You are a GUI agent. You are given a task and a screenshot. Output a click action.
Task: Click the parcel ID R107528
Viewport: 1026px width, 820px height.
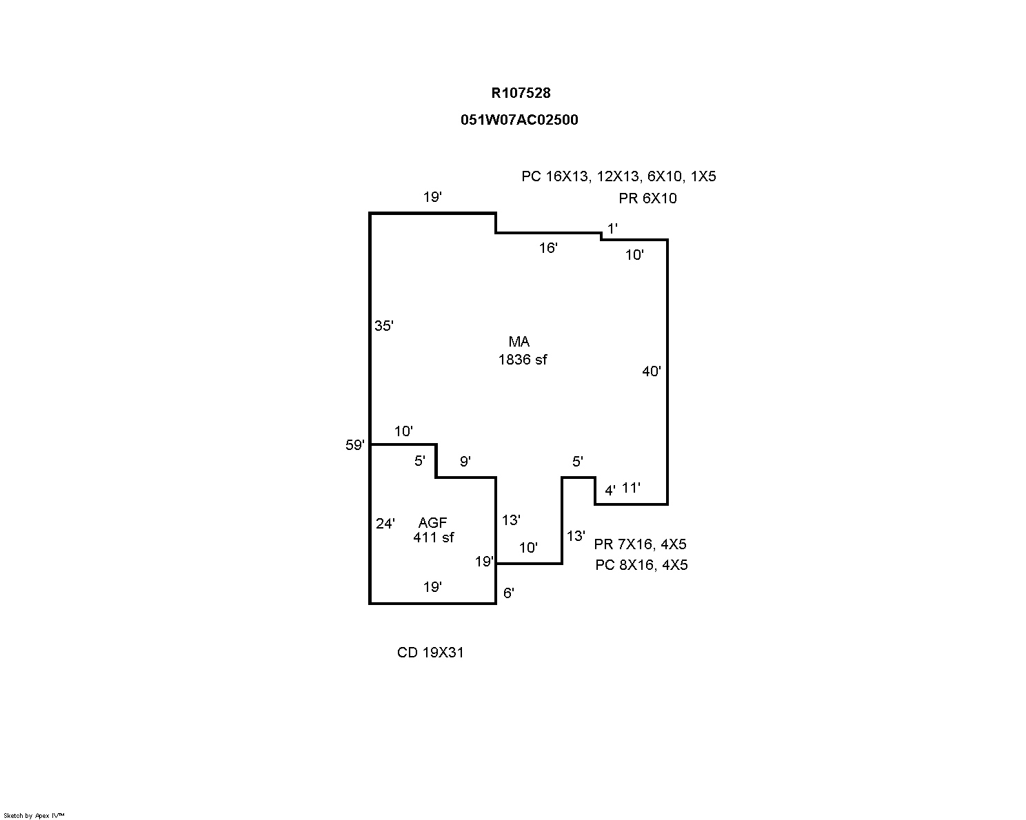tap(521, 93)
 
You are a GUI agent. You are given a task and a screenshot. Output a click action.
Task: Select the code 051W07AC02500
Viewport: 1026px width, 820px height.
tap(519, 120)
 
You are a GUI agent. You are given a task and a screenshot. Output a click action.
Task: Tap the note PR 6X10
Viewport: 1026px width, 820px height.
tap(647, 198)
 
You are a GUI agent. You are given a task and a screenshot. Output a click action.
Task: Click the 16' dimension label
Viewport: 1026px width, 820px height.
tap(548, 248)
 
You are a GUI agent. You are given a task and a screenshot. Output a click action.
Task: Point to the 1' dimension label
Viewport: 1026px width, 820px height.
tap(612, 227)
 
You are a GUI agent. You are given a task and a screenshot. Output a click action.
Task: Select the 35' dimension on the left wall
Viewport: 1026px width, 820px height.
tap(384, 325)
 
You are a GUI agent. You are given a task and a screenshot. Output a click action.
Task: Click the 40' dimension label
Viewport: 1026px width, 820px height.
tap(652, 371)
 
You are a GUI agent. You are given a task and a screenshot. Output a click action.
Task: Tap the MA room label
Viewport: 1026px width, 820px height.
tap(519, 342)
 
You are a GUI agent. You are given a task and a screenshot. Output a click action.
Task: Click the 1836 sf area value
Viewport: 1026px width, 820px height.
tap(523, 359)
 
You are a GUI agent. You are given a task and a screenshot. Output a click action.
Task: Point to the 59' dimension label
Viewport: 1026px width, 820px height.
tap(355, 445)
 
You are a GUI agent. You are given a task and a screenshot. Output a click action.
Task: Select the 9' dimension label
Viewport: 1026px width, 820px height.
tap(465, 462)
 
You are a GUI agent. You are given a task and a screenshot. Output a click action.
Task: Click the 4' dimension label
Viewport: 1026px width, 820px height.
tap(610, 491)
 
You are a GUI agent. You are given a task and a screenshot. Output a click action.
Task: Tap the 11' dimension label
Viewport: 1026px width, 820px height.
tap(631, 488)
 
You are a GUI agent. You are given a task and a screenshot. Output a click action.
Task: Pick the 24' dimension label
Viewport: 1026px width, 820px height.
tap(385, 524)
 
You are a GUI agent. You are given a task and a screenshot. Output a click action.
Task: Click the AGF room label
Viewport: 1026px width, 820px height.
tap(432, 523)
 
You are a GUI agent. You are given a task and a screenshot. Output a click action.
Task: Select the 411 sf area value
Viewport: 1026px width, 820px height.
tap(434, 537)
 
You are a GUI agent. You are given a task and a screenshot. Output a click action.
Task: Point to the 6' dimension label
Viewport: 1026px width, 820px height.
tap(509, 593)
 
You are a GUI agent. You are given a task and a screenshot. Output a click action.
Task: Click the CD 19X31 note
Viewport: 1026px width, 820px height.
tap(430, 652)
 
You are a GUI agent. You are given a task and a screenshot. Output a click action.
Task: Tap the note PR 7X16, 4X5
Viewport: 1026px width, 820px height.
tap(640, 544)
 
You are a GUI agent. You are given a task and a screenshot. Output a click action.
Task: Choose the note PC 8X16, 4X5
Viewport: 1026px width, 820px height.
tap(641, 565)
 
